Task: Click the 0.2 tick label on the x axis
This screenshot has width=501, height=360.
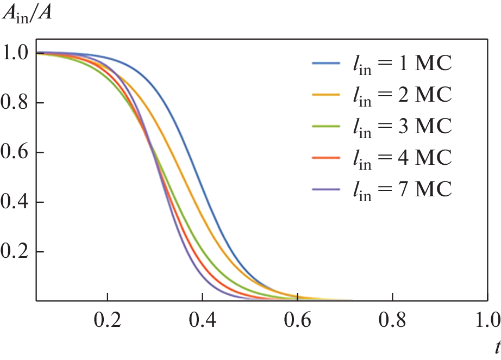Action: pyautogui.click(x=108, y=318)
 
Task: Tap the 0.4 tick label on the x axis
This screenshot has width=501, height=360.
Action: pyautogui.click(x=203, y=318)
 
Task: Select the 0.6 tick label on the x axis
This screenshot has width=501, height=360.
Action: pyautogui.click(x=298, y=318)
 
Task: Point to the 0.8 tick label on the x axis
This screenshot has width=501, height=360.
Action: pyautogui.click(x=392, y=318)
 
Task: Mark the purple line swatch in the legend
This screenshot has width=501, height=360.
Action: pyautogui.click(x=327, y=190)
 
